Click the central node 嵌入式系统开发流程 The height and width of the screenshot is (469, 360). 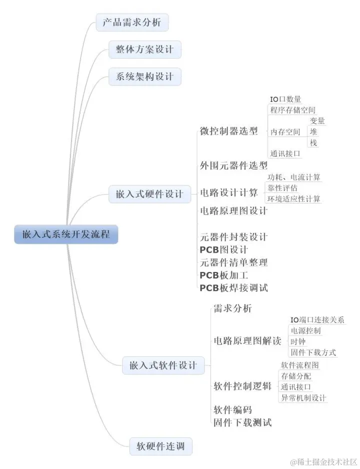pyautogui.click(x=66, y=234)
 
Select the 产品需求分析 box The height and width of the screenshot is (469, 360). pyautogui.click(x=132, y=22)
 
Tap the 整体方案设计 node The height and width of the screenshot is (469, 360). pyautogui.click(x=145, y=49)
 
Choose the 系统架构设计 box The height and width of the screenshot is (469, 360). pyautogui.click(x=145, y=76)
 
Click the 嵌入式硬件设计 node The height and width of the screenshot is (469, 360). pyautogui.click(x=149, y=194)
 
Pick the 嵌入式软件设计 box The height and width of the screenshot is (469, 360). pyautogui.click(x=163, y=365)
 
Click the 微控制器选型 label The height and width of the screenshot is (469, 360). pyautogui.click(x=229, y=131)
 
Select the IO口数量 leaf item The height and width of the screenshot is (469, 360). pyautogui.click(x=285, y=99)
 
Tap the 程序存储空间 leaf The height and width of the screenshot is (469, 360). pyautogui.click(x=293, y=110)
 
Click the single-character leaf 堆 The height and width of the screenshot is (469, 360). pyautogui.click(x=313, y=132)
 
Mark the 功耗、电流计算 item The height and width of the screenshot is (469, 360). pyautogui.click(x=294, y=177)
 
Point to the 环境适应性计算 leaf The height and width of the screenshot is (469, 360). pyautogui.click(x=294, y=198)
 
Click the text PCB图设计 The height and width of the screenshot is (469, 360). pyautogui.click(x=223, y=249)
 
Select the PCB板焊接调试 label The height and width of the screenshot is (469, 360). pyautogui.click(x=233, y=288)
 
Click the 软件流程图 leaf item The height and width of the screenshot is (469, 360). pyautogui.click(x=299, y=365)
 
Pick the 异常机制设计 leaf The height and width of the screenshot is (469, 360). pyautogui.click(x=303, y=397)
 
